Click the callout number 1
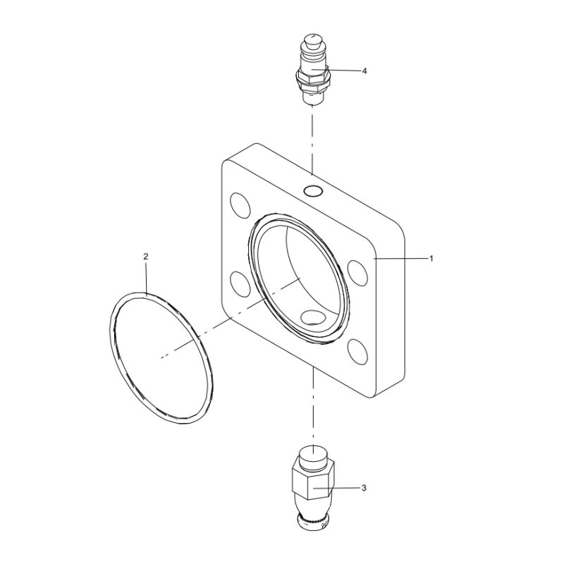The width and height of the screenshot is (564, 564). point(431,259)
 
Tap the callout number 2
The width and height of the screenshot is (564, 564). point(146,257)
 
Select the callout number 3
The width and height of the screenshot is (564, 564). point(364,487)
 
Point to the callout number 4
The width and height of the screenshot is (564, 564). point(364,70)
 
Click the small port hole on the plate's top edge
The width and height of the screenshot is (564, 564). point(312,190)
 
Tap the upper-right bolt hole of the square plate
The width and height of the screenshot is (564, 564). point(357,270)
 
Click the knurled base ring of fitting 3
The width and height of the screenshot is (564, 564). point(313,522)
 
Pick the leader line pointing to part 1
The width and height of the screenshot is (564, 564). point(402,259)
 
